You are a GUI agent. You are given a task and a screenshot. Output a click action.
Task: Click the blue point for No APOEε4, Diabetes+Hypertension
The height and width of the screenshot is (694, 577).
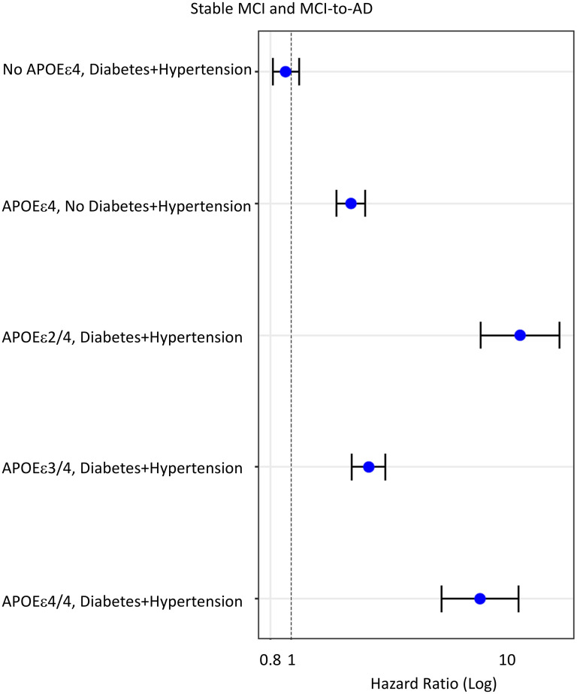[285, 71]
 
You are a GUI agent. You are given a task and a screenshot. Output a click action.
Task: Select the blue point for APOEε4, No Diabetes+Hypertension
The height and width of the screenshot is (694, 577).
[351, 204]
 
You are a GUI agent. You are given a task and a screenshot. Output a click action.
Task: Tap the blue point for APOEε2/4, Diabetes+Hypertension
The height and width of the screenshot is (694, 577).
[520, 335]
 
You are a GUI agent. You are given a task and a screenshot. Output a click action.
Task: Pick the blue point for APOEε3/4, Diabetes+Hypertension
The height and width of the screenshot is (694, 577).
[369, 467]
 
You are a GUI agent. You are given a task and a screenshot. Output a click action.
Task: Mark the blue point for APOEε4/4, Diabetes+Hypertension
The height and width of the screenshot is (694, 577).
[480, 599]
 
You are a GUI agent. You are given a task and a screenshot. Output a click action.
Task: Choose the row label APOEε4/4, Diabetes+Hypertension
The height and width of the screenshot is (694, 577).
[122, 601]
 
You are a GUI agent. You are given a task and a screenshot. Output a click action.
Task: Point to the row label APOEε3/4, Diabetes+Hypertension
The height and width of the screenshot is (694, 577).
[122, 469]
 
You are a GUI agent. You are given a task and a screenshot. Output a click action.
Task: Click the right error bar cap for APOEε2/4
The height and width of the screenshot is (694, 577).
[560, 335]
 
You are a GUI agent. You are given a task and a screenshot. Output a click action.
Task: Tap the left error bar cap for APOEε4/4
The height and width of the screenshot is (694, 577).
[442, 599]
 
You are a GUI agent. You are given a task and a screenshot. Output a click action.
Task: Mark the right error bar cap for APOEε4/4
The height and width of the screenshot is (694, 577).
[518, 599]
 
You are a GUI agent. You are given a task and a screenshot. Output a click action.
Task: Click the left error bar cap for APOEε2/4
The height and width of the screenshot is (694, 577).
[481, 335]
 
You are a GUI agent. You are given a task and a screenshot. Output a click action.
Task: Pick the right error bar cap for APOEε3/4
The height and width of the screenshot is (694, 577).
[385, 467]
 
